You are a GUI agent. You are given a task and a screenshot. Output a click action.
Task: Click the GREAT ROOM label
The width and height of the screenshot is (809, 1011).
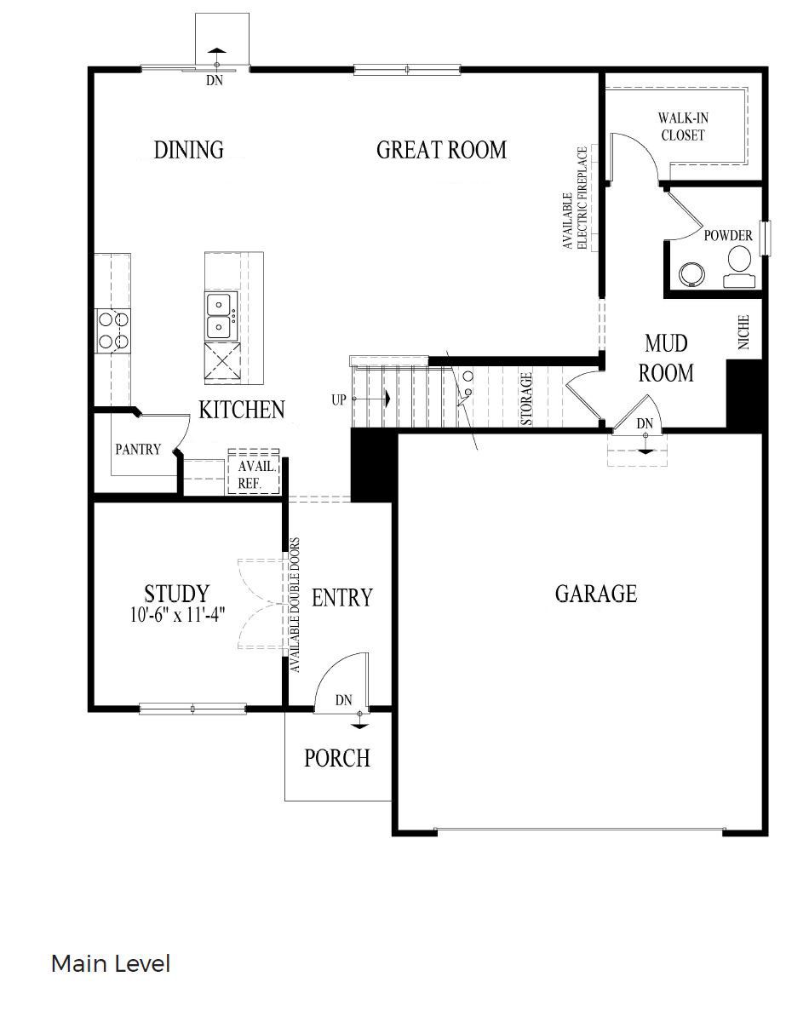441,151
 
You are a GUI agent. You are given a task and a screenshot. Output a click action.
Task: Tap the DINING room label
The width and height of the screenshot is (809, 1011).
188,150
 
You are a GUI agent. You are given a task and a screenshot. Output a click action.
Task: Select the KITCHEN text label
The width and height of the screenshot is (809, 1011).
241,410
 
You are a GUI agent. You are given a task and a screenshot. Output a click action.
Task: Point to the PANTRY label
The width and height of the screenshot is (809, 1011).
138,449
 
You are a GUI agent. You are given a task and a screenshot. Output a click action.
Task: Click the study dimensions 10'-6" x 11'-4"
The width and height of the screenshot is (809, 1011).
177,615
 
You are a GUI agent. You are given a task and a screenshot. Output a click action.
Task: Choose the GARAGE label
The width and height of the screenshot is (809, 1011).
595,593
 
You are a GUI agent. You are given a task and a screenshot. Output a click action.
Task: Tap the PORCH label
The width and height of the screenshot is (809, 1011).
337,757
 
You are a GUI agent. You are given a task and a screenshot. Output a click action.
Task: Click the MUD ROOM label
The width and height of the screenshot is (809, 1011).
667,359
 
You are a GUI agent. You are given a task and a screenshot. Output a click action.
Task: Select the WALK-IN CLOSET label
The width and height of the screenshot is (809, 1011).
683,127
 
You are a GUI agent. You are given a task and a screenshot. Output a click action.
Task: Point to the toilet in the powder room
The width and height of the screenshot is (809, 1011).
737,265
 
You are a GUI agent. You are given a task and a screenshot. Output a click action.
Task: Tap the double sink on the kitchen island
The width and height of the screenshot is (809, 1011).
221,314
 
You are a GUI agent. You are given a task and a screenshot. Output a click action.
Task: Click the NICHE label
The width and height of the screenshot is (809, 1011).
743,333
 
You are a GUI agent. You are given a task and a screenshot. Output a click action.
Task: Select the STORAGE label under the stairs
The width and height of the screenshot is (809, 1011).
527,399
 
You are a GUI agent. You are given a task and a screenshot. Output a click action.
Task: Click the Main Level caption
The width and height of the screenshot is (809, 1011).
111,964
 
